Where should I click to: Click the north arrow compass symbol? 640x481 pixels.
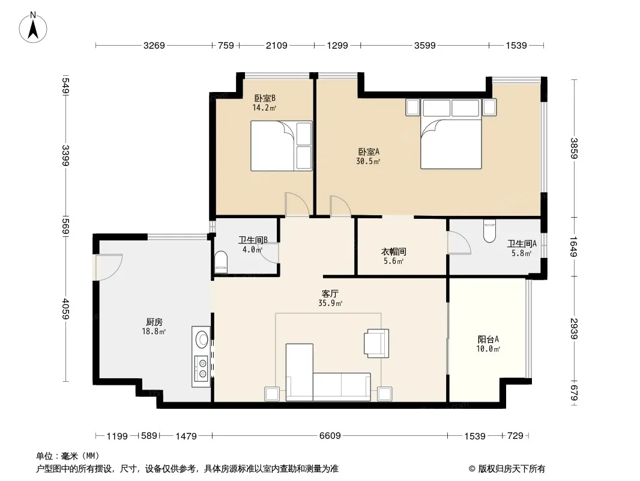tap(33, 28)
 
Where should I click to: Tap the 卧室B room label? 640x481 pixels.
tap(265, 98)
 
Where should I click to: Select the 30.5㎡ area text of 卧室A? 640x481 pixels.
tap(368, 161)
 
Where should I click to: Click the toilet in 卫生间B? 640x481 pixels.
tap(220, 262)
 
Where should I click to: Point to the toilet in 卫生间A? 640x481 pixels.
tap(489, 231)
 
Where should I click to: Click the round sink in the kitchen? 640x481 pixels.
tap(202, 339)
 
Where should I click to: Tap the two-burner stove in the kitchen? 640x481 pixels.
tap(201, 368)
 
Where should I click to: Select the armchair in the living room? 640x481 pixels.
tap(376, 343)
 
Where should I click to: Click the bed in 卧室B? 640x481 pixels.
tap(281, 146)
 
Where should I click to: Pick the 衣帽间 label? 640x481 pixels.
tap(393, 252)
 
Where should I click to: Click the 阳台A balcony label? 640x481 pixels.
tap(488, 339)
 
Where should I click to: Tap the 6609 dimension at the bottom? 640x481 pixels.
tap(330, 436)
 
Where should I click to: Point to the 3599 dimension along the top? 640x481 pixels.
tap(425, 45)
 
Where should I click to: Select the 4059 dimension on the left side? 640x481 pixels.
tap(65, 310)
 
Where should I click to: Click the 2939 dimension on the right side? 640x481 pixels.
tap(574, 328)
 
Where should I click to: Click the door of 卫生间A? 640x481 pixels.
tap(459, 243)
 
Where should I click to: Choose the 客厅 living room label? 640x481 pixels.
tap(330, 294)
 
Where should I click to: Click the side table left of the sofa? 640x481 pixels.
tap(272, 394)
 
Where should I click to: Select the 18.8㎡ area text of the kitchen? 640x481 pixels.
tap(154, 331)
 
